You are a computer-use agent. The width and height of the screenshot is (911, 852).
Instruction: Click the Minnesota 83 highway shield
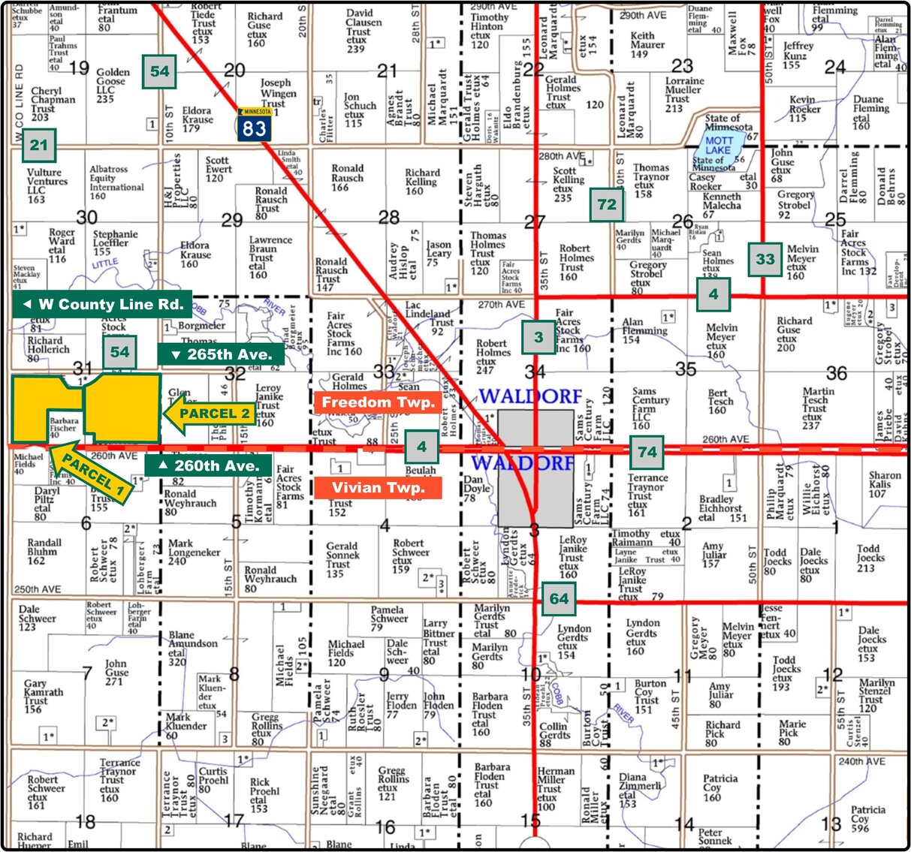click(x=254, y=125)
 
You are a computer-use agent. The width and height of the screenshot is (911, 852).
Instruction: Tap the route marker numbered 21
click(x=39, y=145)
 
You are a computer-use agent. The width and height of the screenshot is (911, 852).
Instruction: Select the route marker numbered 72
click(x=607, y=204)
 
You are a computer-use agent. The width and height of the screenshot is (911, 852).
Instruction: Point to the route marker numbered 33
click(x=765, y=260)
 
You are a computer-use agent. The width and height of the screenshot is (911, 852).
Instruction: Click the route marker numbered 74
click(x=647, y=452)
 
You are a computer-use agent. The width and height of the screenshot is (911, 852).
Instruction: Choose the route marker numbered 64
click(x=559, y=599)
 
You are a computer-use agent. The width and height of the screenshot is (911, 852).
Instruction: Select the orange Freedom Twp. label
click(x=378, y=402)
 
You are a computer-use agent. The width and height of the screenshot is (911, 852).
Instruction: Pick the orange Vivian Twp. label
click(x=378, y=488)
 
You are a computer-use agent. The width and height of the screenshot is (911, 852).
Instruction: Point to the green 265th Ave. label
click(x=221, y=354)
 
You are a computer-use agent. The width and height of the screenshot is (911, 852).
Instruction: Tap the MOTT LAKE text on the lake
click(x=719, y=146)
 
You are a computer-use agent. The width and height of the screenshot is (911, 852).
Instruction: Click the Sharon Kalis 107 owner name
click(x=884, y=484)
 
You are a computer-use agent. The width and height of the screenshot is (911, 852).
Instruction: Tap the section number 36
click(x=836, y=373)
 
